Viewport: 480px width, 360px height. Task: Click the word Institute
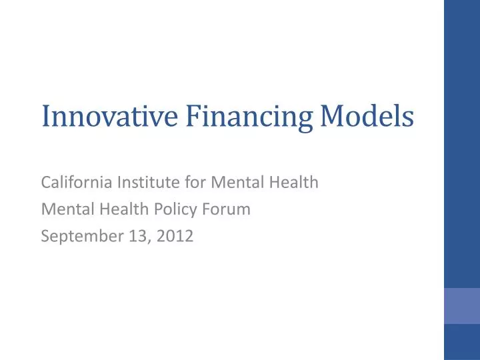142,181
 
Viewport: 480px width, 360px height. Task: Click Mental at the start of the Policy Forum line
65,209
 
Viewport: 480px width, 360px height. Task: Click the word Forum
229,209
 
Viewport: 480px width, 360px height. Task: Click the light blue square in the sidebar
462,306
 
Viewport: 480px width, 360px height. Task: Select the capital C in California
46,181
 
